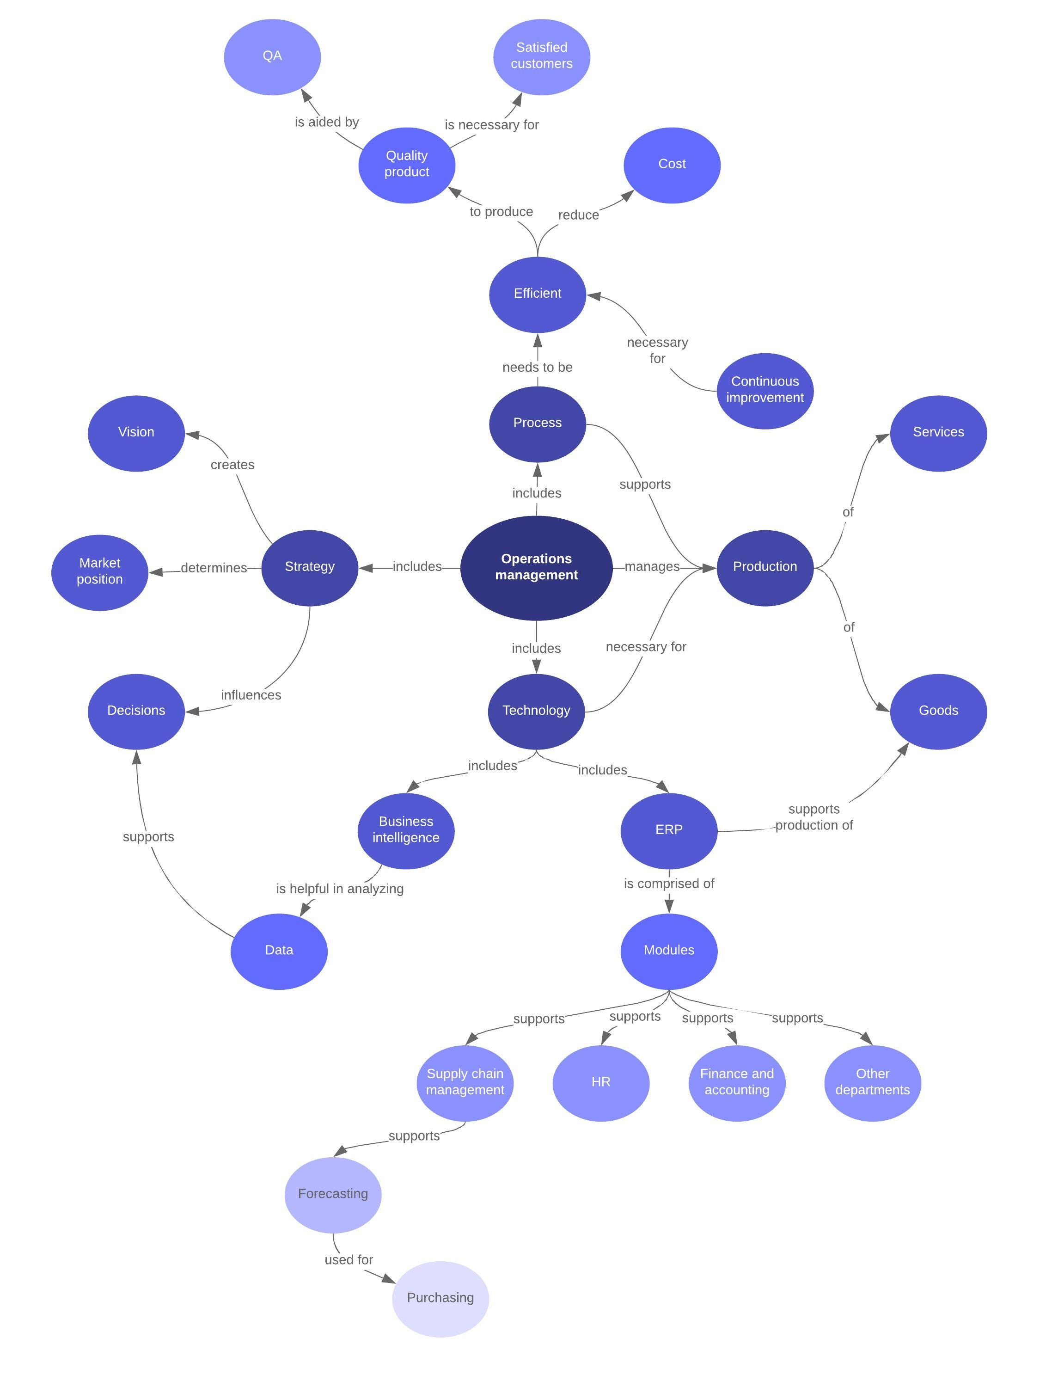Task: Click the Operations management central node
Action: pos(536,567)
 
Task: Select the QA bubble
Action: pos(272,56)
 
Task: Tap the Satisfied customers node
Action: pos(542,56)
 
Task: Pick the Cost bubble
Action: pos(672,165)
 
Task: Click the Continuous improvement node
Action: pos(765,390)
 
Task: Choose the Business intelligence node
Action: pos(406,830)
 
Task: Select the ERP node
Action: pos(669,830)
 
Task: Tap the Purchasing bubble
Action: pos(440,1298)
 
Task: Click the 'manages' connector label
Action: pos(652,567)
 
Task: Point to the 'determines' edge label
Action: pos(214,568)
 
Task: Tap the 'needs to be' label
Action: pos(537,368)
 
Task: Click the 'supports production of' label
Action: pos(814,817)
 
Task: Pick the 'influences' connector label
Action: pos(251,695)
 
